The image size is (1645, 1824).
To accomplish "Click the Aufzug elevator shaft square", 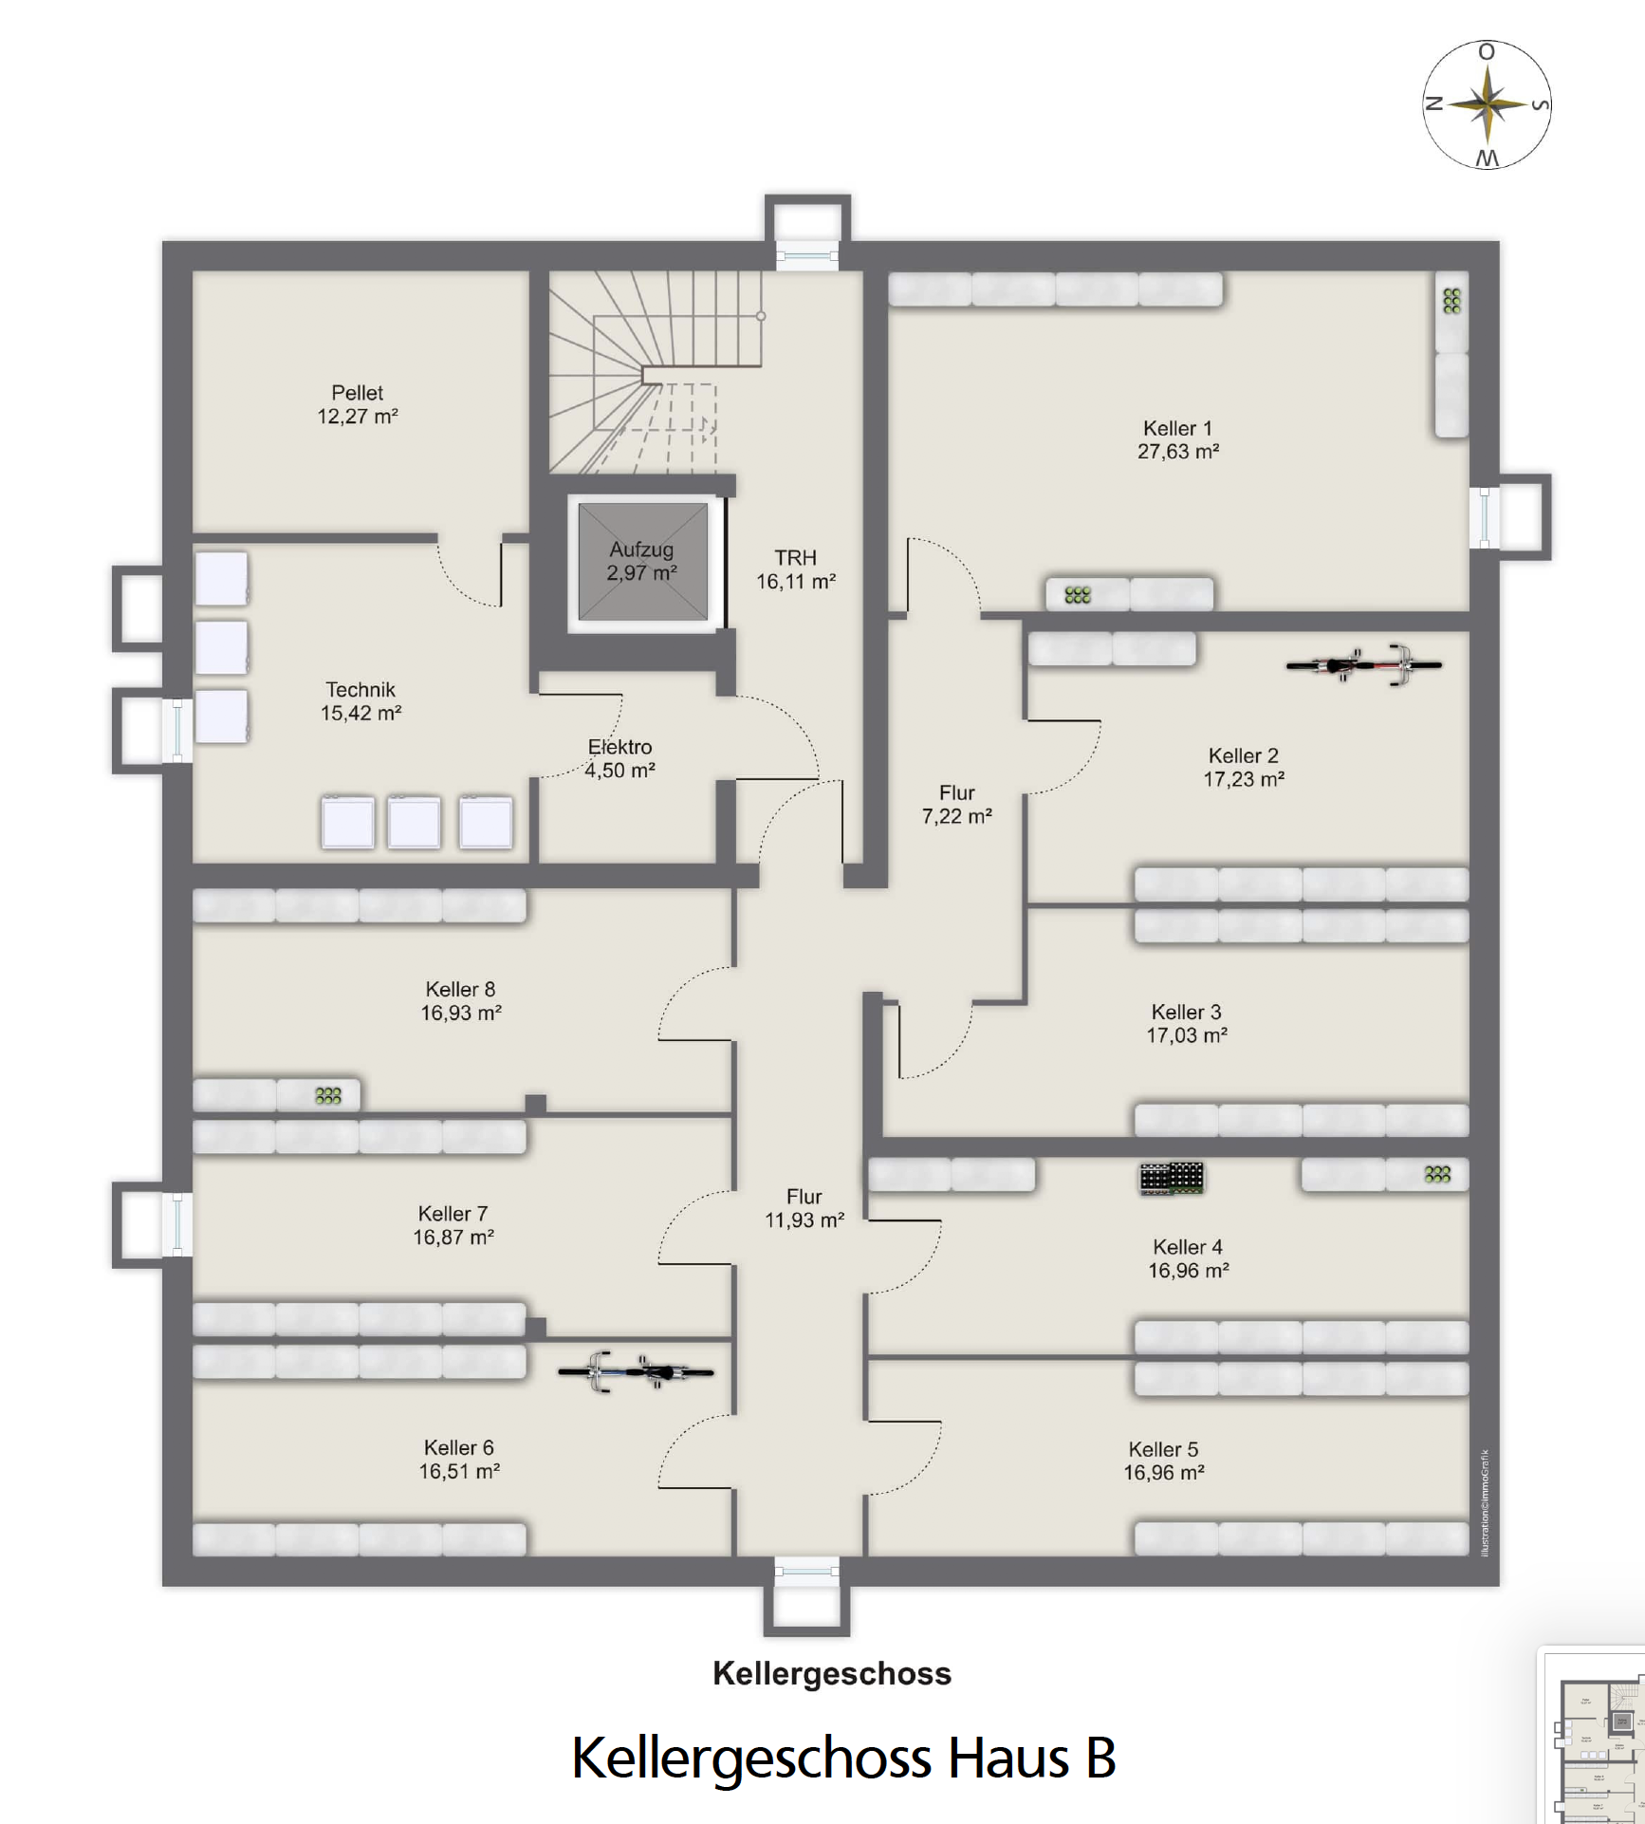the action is point(643,562).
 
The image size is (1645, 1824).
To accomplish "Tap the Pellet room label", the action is point(358,393).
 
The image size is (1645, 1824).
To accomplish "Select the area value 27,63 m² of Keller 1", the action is point(1178,452).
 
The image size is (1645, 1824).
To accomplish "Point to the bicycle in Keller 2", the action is point(1364,664).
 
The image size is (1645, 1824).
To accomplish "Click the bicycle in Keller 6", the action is point(636,1371).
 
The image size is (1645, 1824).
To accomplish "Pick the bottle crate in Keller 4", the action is point(1172,1178).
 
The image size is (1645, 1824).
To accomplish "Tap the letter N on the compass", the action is point(1434,103).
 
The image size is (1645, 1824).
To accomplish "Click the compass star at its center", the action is point(1488,104).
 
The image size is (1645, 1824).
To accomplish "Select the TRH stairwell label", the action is point(795,558).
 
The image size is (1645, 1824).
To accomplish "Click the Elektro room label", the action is point(620,747).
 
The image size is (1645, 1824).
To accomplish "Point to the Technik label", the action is point(360,690).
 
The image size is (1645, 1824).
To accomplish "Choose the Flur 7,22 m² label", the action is point(957,805).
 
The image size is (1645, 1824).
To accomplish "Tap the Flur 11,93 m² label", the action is point(804,1208).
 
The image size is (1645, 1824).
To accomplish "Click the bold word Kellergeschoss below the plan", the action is point(832,1673).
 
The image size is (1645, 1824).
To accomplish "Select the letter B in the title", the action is point(1100,1757).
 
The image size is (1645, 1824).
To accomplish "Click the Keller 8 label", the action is point(460,989).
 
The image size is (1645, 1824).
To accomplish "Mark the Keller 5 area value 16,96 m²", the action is point(1164,1473).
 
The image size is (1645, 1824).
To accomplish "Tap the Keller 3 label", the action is point(1186,1012).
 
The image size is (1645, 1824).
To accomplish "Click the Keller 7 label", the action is point(453,1214).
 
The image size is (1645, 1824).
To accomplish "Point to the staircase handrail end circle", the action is point(761,316).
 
